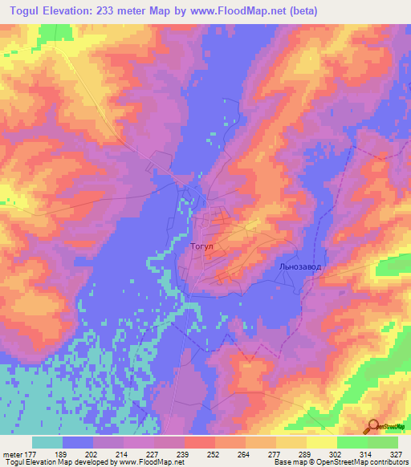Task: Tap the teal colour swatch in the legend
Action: click(47, 442)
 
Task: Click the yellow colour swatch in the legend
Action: click(322, 442)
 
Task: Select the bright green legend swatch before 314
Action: click(352, 442)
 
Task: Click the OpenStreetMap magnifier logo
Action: click(373, 427)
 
